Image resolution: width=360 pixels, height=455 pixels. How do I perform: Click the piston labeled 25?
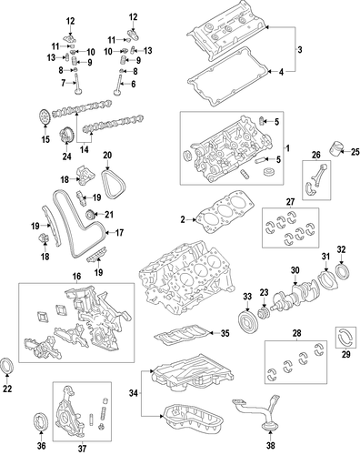[335, 149]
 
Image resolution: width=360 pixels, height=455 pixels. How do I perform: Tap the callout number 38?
[270, 445]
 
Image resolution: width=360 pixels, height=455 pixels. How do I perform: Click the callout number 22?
[7, 389]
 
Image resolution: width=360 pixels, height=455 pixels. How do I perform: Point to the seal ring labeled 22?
[7, 366]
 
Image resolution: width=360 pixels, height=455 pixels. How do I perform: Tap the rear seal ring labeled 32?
[343, 272]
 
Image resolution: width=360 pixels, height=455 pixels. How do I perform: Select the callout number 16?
[76, 276]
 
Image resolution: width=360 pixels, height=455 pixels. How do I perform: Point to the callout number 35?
[225, 333]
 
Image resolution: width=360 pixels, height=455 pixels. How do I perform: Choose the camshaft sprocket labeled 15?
[45, 117]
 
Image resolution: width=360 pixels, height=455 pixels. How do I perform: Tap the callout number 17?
[119, 233]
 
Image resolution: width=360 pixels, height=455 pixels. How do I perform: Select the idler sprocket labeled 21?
[91, 215]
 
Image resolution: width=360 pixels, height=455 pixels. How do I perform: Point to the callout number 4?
[281, 72]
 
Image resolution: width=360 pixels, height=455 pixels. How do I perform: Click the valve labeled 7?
[76, 86]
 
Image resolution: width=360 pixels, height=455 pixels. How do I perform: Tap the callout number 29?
[345, 354]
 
